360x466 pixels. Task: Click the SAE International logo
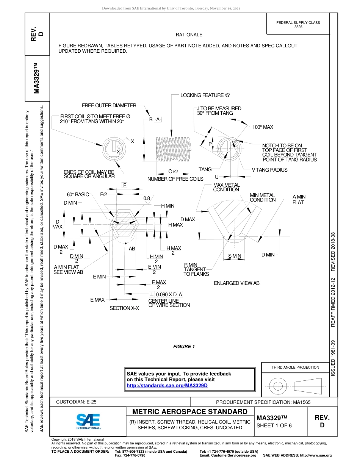click(88, 421)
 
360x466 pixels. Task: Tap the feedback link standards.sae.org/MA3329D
click(167, 385)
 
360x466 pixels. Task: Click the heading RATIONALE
click(189, 35)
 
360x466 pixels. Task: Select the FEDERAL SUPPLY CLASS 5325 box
click(298, 25)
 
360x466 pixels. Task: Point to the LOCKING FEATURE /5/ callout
click(205, 95)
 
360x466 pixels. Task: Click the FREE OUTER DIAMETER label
click(109, 105)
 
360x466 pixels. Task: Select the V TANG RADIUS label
click(269, 170)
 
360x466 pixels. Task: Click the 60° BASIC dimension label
click(78, 194)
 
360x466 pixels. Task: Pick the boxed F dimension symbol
click(124, 185)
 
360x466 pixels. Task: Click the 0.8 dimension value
click(147, 198)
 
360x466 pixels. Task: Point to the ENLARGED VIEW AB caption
click(236, 283)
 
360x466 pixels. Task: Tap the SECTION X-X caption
click(124, 308)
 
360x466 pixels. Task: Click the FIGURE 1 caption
click(184, 347)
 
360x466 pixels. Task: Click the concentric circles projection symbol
click(278, 386)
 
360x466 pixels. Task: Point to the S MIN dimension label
click(235, 256)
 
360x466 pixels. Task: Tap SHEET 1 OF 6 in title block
click(274, 425)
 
